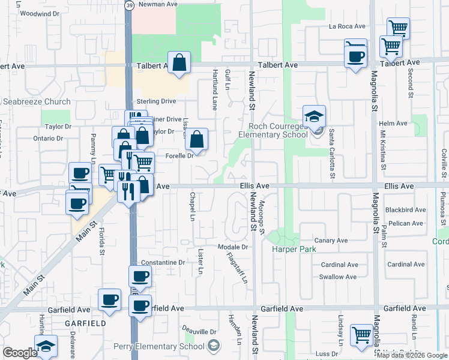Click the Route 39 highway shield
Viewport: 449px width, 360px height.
(130, 5)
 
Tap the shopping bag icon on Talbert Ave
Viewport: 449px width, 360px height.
(179, 62)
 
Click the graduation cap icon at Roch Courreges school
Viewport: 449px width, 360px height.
(314, 118)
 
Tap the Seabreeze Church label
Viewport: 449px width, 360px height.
(37, 102)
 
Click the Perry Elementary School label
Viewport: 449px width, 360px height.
(162, 346)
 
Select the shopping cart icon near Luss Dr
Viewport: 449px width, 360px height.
(362, 335)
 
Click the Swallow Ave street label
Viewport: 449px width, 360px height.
(338, 277)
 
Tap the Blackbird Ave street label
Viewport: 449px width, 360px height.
(405, 211)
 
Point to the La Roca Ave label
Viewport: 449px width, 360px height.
(347, 26)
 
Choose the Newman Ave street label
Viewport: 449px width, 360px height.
(158, 4)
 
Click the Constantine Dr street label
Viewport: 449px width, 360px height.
(163, 263)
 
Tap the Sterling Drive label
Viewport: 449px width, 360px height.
(156, 101)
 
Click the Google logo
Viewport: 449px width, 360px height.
(20, 353)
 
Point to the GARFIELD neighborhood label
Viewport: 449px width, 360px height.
(86, 323)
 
